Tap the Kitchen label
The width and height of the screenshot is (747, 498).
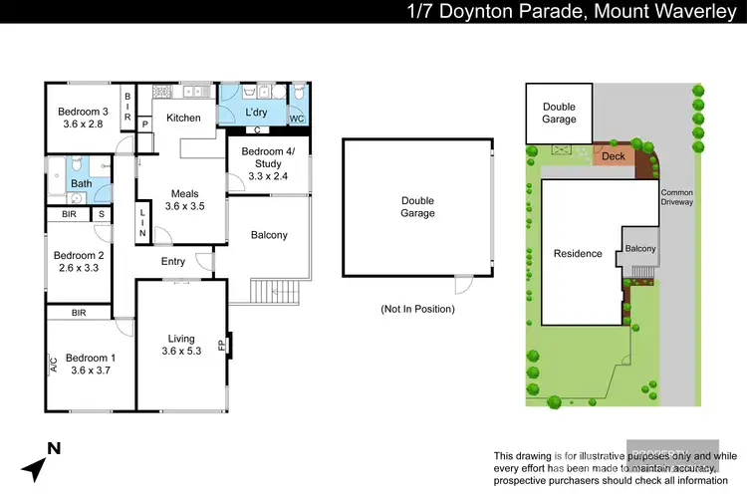click(x=183, y=118)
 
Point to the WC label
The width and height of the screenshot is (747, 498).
click(x=297, y=119)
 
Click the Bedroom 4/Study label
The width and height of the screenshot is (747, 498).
click(x=268, y=163)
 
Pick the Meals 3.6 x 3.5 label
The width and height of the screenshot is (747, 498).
click(x=184, y=200)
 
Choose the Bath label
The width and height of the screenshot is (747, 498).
click(x=82, y=183)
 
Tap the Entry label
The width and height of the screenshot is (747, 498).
click(x=172, y=262)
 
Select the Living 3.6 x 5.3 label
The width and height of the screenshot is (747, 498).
click(x=181, y=345)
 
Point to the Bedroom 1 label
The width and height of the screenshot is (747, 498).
click(x=90, y=364)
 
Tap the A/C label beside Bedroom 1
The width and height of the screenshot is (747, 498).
click(x=53, y=365)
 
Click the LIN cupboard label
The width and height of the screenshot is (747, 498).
click(x=143, y=223)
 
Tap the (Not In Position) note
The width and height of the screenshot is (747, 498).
click(x=417, y=309)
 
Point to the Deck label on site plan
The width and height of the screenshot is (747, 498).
click(x=614, y=156)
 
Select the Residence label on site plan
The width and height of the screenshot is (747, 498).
click(x=578, y=253)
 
